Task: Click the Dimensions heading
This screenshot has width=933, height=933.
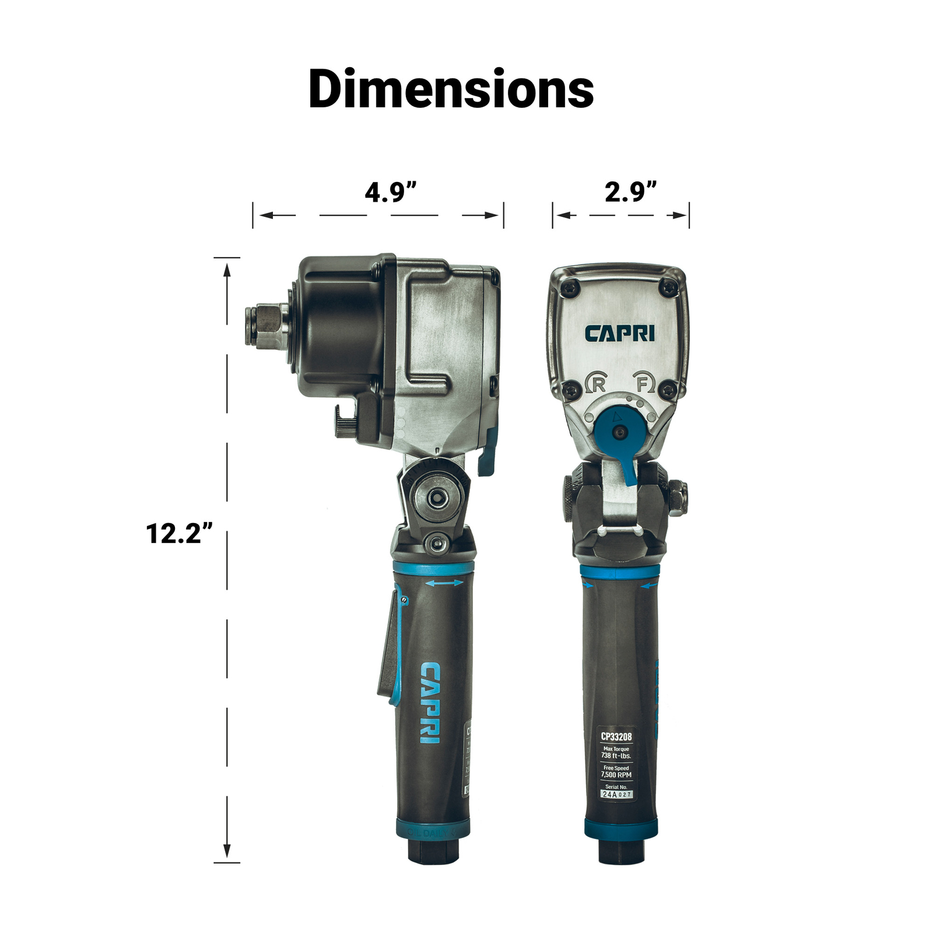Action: (451, 89)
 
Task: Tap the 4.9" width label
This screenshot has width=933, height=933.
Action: (390, 192)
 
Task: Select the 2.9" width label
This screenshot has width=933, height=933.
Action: (630, 192)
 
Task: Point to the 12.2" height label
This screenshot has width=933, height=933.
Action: (178, 533)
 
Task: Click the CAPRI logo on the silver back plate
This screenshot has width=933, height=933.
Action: (619, 334)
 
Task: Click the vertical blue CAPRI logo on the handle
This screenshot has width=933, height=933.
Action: (430, 703)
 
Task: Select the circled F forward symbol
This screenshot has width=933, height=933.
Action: (643, 383)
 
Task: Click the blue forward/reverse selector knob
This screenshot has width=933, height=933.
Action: (619, 432)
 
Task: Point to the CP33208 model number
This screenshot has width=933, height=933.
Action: (616, 736)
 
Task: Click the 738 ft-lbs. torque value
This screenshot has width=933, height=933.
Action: (616, 756)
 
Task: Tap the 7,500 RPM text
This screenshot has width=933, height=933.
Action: (616, 775)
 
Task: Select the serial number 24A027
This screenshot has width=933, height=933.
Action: (616, 794)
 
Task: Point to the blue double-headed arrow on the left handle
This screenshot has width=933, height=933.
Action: (444, 583)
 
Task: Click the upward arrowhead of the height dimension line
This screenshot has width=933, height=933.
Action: (227, 269)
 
